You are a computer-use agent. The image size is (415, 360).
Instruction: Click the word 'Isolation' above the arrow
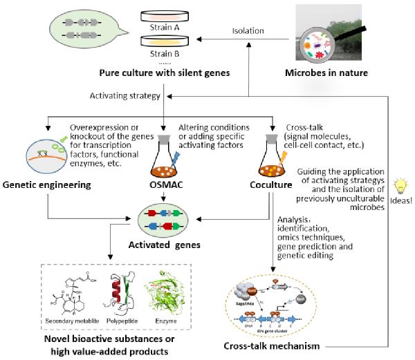(x=248, y=30)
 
